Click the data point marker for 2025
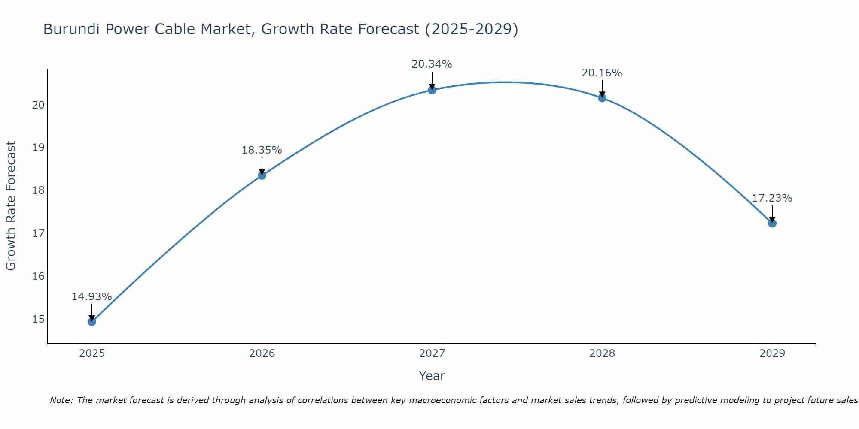point(92,321)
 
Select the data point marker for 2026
point(262,175)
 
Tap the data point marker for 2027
point(432,90)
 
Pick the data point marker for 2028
point(602,98)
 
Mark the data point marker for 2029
point(772,223)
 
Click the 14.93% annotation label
point(91,296)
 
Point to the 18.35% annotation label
point(262,150)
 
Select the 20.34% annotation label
point(432,64)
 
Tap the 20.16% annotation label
point(602,73)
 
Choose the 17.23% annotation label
point(772,198)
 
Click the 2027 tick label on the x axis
point(432,353)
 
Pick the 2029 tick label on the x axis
point(772,353)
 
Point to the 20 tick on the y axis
point(38,105)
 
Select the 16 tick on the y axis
point(38,276)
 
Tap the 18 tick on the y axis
point(38,190)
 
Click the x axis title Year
point(432,376)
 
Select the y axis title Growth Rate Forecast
point(11,205)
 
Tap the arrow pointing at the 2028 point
point(602,88)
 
